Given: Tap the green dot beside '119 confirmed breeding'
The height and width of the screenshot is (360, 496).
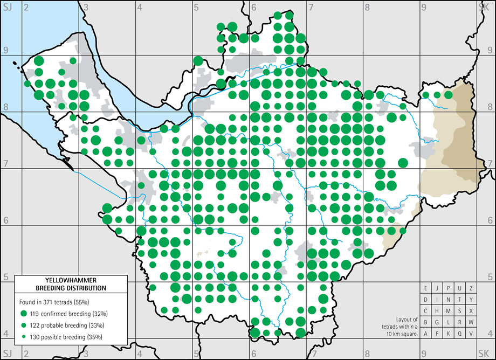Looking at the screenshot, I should pyautogui.click(x=24, y=313).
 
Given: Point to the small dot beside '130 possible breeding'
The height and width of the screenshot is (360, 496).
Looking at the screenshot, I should pyautogui.click(x=24, y=337).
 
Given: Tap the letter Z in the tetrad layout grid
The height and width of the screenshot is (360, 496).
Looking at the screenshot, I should pyautogui.click(x=471, y=288).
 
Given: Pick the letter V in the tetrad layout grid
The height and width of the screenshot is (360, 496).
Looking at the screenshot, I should pyautogui.click(x=471, y=334).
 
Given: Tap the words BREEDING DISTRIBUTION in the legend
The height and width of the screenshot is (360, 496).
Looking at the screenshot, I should pyautogui.click(x=71, y=288).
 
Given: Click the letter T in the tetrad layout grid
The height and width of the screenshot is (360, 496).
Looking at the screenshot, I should pyautogui.click(x=459, y=300).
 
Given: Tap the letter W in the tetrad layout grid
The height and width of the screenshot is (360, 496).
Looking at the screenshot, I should pyautogui.click(x=471, y=322).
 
